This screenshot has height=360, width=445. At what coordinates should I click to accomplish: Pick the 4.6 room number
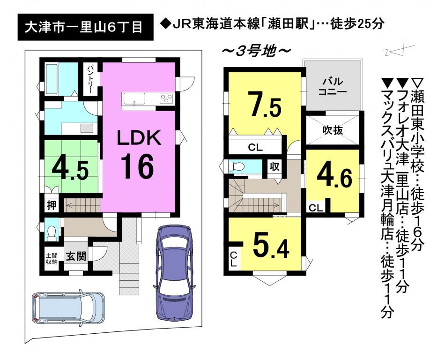pyautogui.click(x=334, y=178)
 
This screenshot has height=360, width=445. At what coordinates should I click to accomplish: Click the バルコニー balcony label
pyautogui.click(x=332, y=87)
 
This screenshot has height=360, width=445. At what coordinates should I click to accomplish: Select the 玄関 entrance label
pyautogui.click(x=76, y=256)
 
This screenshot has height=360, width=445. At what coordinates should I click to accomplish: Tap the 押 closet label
pyautogui.click(x=52, y=205)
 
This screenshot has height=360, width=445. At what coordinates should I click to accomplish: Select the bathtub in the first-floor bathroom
pyautogui.click(x=52, y=79)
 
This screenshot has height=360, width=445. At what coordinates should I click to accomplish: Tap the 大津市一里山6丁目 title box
pyautogui.click(x=85, y=27)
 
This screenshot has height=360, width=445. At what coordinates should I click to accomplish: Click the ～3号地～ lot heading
pyautogui.click(x=256, y=51)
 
